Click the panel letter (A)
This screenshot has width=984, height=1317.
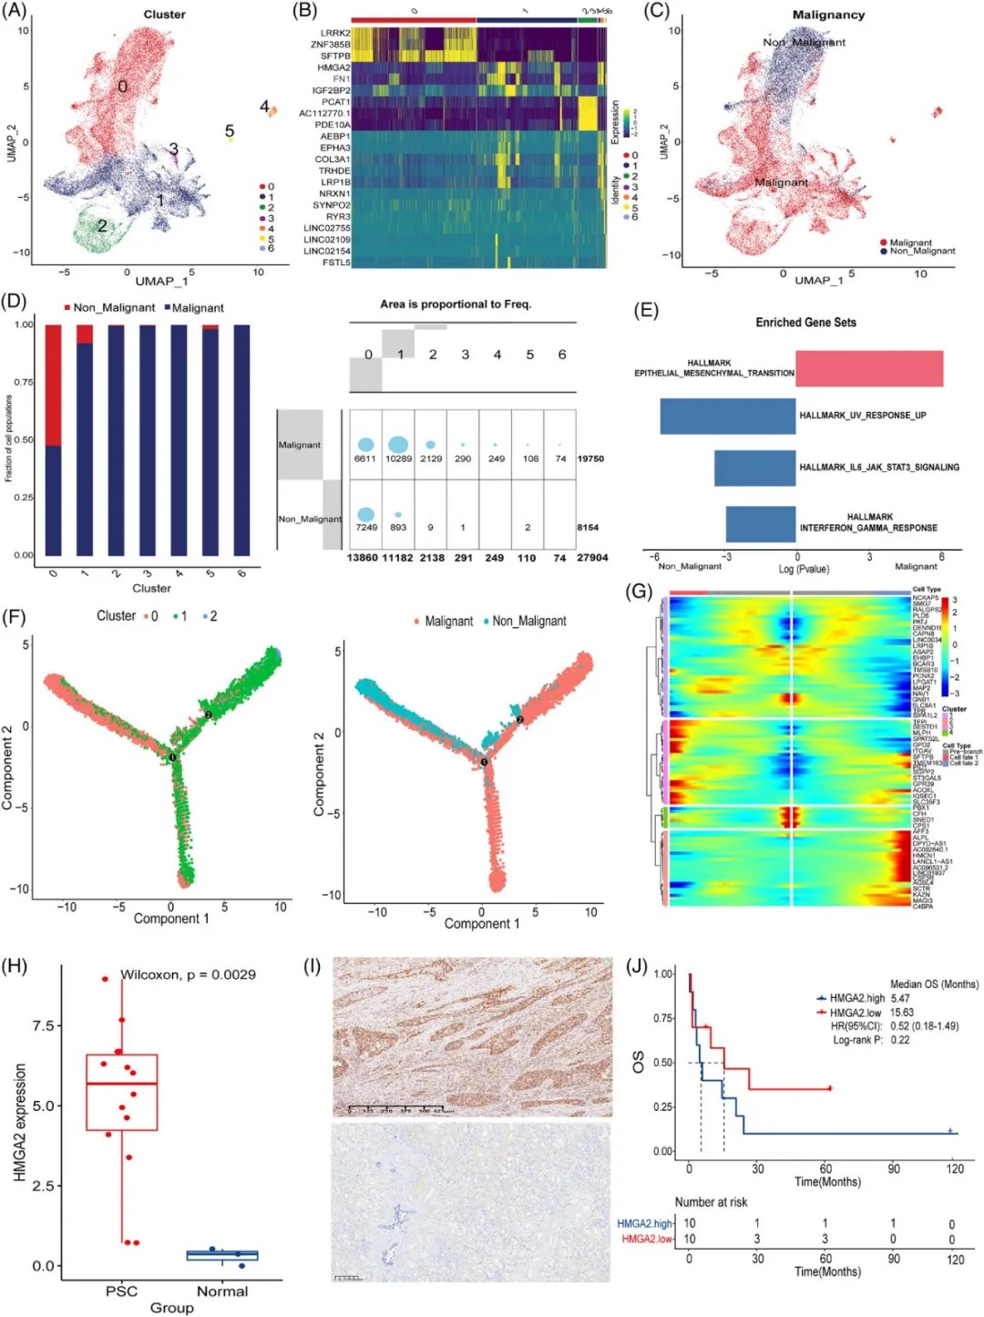(x=15, y=11)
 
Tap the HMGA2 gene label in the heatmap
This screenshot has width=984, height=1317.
(x=333, y=67)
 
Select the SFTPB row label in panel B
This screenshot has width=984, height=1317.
(x=334, y=56)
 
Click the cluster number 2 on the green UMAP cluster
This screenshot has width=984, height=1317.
(x=102, y=225)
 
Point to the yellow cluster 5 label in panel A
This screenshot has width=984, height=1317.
(x=230, y=131)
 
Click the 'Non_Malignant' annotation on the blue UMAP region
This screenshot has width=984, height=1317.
(x=804, y=42)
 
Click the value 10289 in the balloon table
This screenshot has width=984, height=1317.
(x=398, y=458)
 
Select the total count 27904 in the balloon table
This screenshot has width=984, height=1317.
(x=592, y=558)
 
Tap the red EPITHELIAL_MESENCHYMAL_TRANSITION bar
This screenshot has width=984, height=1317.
(x=869, y=368)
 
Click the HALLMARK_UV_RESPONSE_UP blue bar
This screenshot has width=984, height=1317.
(x=728, y=416)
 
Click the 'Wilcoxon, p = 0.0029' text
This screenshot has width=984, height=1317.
(x=188, y=974)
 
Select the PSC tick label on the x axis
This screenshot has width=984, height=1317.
(x=121, y=1291)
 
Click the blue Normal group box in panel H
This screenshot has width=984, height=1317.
(x=222, y=1255)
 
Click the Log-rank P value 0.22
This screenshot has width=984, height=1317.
(x=899, y=1040)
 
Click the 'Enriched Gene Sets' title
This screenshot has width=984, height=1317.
(x=805, y=323)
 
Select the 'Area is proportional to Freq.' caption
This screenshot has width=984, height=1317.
(x=456, y=304)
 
